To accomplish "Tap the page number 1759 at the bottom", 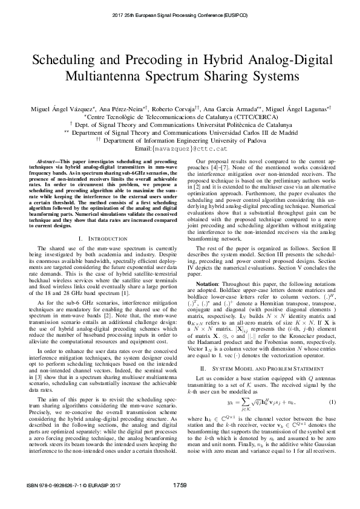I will (x=180, y=501).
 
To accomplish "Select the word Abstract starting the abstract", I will (x=49, y=163).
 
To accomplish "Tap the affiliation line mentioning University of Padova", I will (x=180, y=140).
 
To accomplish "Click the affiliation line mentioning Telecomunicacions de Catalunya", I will (x=180, y=116).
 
